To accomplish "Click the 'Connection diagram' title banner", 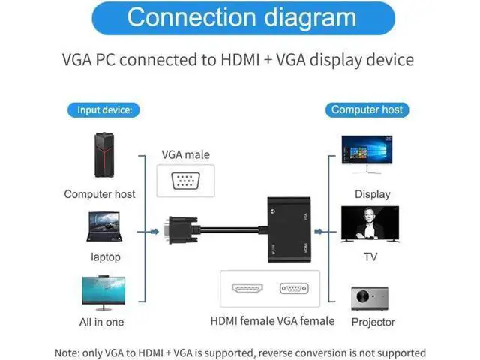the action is pyautogui.click(x=243, y=18).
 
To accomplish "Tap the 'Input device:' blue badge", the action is pyautogui.click(x=103, y=110).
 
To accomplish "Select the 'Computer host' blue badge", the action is pyautogui.click(x=367, y=110).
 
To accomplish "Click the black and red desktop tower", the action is pyautogui.click(x=104, y=155).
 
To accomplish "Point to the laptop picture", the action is pyautogui.click(x=104, y=226).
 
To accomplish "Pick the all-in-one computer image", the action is pyautogui.click(x=103, y=293).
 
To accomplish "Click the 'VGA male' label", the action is pyautogui.click(x=185, y=155).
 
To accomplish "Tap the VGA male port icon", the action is pyautogui.click(x=185, y=181).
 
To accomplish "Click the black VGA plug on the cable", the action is pyautogui.click(x=182, y=230).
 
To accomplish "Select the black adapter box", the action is pyautogui.click(x=289, y=229).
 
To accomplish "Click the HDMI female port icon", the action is pyautogui.click(x=247, y=288).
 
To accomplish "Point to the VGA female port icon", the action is pyautogui.click(x=294, y=288).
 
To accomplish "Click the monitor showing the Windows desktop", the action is pyautogui.click(x=367, y=154).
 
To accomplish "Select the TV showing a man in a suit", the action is pyautogui.click(x=370, y=224).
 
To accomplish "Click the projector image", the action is pyautogui.click(x=370, y=298).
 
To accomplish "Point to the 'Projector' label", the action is pyautogui.click(x=373, y=322).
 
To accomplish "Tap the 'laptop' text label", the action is pyautogui.click(x=106, y=257).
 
